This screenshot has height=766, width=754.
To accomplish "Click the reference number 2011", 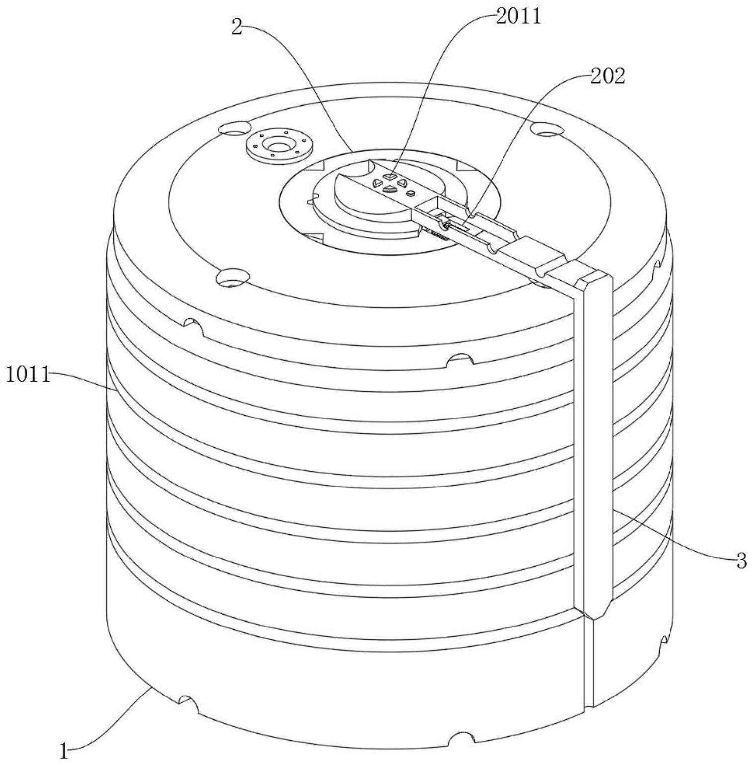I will pyautogui.click(x=518, y=16).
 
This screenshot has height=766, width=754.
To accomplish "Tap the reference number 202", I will pyautogui.click(x=608, y=76).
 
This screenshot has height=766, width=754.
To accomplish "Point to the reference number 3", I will pyautogui.click(x=741, y=561).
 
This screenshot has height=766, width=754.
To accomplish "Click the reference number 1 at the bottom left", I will pyautogui.click(x=63, y=751).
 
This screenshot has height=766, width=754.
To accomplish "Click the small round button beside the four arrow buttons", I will pyautogui.click(x=411, y=193).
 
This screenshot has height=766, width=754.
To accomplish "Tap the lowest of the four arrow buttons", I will pyautogui.click(x=389, y=189).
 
